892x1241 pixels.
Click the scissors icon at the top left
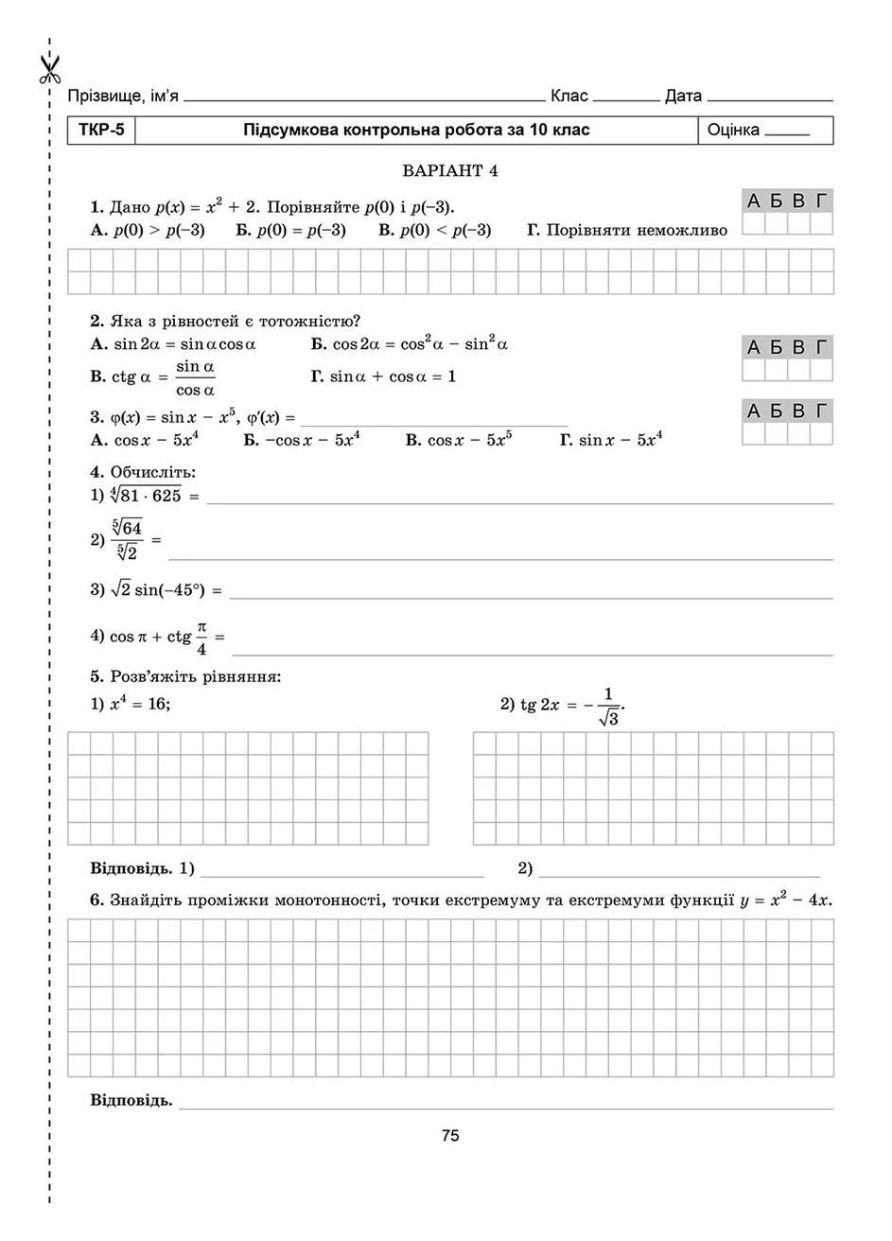(x=49, y=67)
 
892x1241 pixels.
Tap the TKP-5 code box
(x=101, y=130)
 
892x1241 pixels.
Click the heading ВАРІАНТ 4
(x=449, y=171)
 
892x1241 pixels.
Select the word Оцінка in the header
(x=733, y=131)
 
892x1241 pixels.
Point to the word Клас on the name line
(x=568, y=96)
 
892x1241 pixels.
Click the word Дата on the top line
(x=683, y=96)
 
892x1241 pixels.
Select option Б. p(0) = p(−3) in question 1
(x=290, y=230)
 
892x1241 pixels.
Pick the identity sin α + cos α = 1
(x=383, y=376)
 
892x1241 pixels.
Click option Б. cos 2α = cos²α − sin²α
(x=410, y=344)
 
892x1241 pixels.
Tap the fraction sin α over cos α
(x=196, y=377)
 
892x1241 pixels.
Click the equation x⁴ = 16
(x=138, y=704)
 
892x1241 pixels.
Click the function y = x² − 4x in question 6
(x=786, y=900)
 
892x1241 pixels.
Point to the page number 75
(x=449, y=1136)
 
